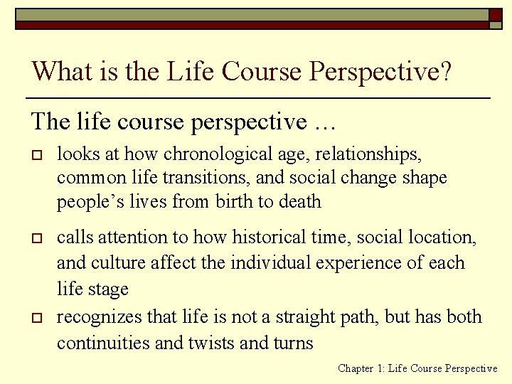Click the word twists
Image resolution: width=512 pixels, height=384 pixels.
pos(211,343)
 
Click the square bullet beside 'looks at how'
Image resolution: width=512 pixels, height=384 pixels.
pos(35,154)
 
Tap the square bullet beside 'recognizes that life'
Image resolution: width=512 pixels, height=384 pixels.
pos(35,317)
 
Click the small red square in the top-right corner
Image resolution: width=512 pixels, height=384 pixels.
pos(496,14)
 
